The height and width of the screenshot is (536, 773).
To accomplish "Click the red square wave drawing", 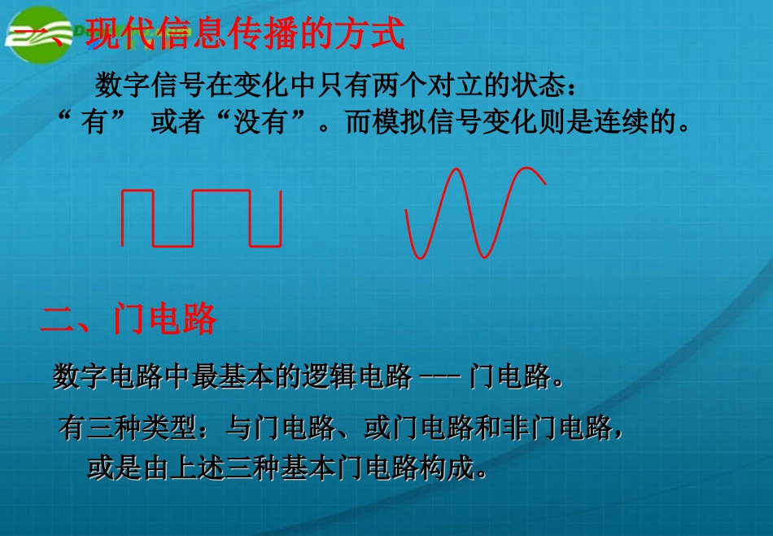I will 201,217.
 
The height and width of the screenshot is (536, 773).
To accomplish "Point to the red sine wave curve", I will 475,213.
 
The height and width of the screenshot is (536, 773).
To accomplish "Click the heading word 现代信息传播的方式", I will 245,35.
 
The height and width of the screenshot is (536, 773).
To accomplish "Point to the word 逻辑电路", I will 362,377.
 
